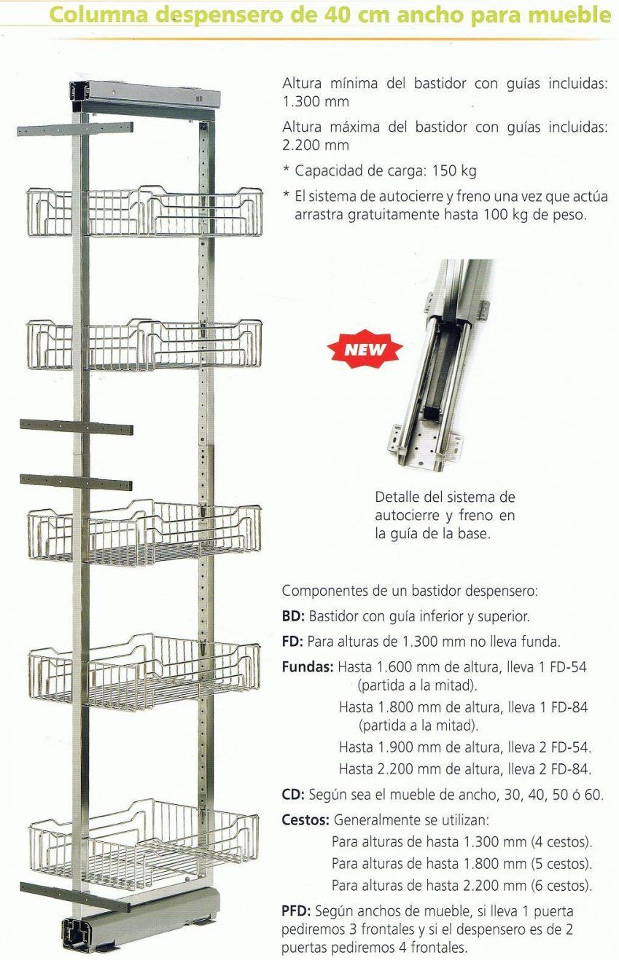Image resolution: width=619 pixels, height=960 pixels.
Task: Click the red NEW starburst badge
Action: tap(365, 350)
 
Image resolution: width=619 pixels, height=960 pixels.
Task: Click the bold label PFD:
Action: tap(297, 910)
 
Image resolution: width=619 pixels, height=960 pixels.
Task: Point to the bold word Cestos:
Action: tap(305, 819)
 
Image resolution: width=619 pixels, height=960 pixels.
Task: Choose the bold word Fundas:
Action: tap(308, 666)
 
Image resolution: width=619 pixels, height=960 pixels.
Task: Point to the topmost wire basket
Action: tap(144, 212)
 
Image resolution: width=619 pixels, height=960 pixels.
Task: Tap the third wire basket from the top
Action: tap(144, 534)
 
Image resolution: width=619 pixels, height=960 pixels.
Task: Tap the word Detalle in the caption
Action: tap(398, 497)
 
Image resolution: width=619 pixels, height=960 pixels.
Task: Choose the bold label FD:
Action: tap(292, 642)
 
